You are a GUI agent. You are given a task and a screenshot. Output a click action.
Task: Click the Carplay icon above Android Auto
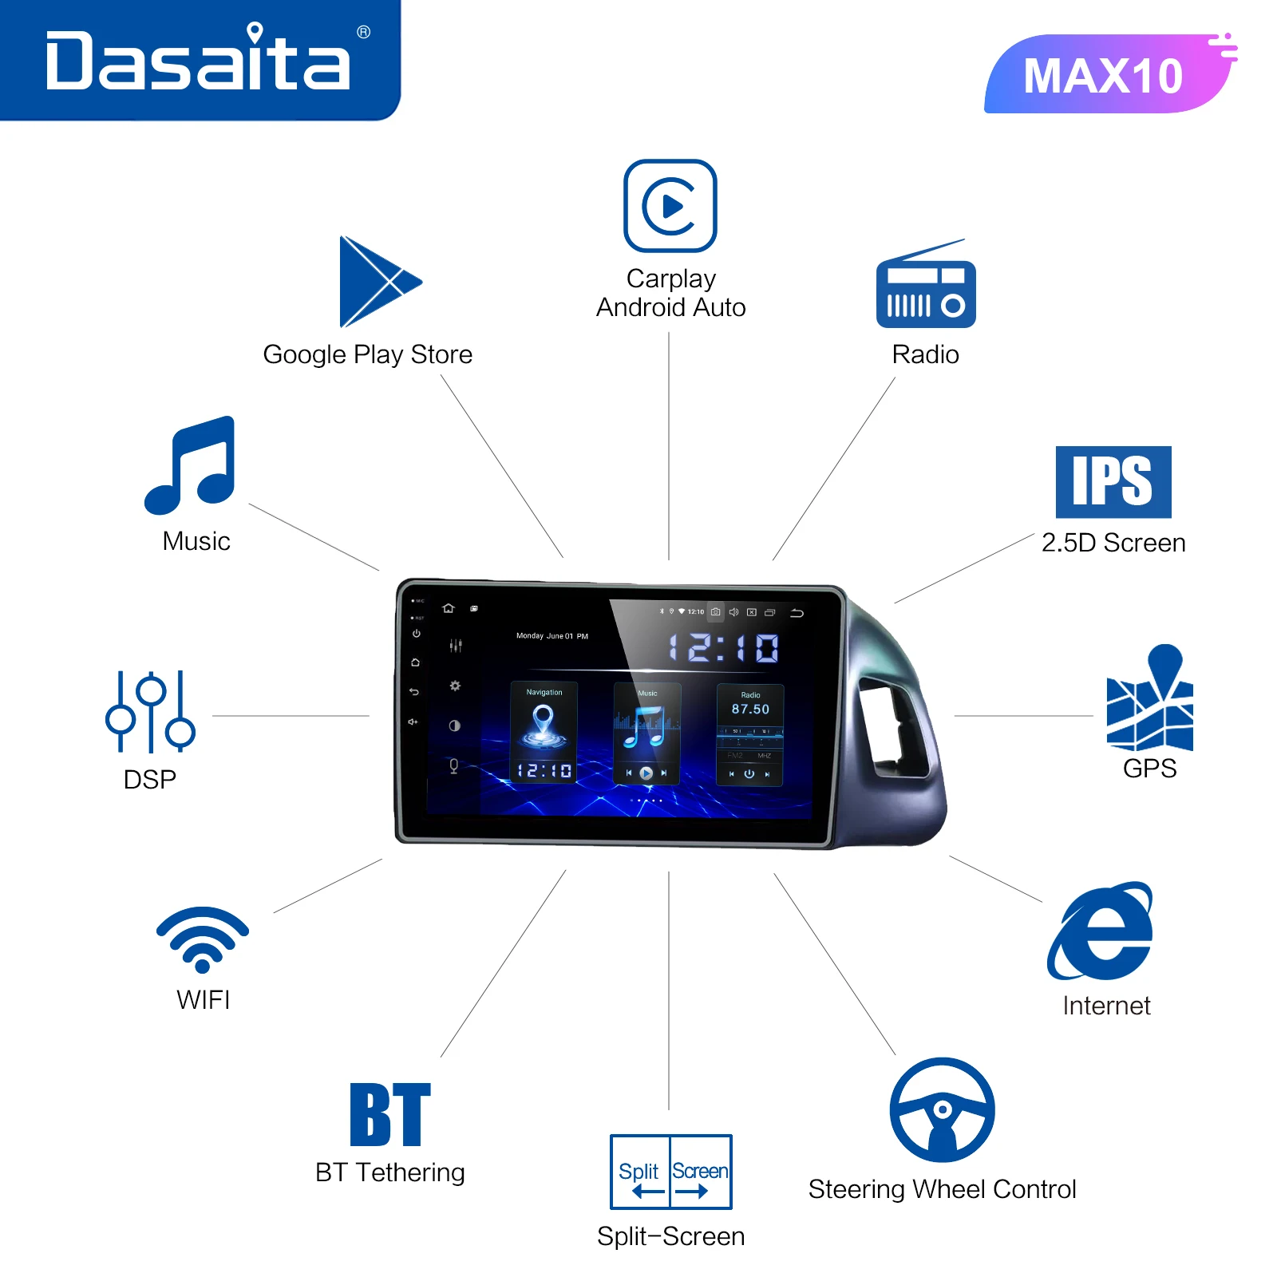[x=670, y=206]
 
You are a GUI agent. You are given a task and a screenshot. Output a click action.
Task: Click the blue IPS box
[x=1113, y=482]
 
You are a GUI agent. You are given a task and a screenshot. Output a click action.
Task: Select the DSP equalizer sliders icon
[x=150, y=712]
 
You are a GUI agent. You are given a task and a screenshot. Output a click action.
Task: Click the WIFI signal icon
[x=203, y=939]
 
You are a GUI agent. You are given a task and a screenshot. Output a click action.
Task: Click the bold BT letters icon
[x=390, y=1114]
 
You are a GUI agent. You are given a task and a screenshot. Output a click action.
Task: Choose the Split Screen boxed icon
[x=670, y=1172]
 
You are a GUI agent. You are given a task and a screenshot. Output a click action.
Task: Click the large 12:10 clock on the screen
[x=723, y=648]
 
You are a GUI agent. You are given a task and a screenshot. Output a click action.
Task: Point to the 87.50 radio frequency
[x=750, y=709]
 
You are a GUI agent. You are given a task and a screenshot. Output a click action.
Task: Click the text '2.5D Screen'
[x=1113, y=543]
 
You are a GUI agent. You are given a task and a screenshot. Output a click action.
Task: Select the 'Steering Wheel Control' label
[x=942, y=1189]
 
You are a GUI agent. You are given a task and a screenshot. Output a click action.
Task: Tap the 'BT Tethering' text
[x=389, y=1172]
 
